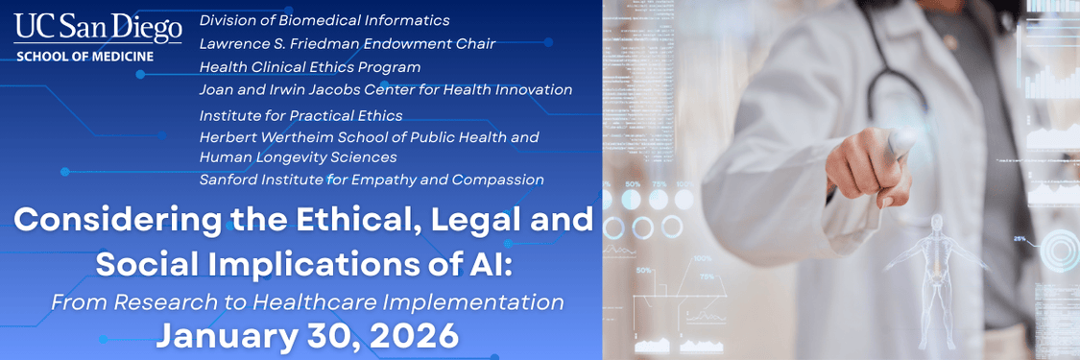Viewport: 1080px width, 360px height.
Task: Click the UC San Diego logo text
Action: click(98, 28)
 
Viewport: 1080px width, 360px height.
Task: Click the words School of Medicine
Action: click(84, 57)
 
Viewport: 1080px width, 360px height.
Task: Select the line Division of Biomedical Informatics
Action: click(324, 20)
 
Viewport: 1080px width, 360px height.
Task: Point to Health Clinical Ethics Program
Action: click(310, 67)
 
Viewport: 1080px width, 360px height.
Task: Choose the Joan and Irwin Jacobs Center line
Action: click(386, 90)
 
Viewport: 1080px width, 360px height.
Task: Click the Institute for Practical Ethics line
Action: click(300, 115)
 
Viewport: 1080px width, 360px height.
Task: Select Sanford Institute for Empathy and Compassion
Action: click(372, 180)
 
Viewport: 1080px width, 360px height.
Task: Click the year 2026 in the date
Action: click(408, 336)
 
